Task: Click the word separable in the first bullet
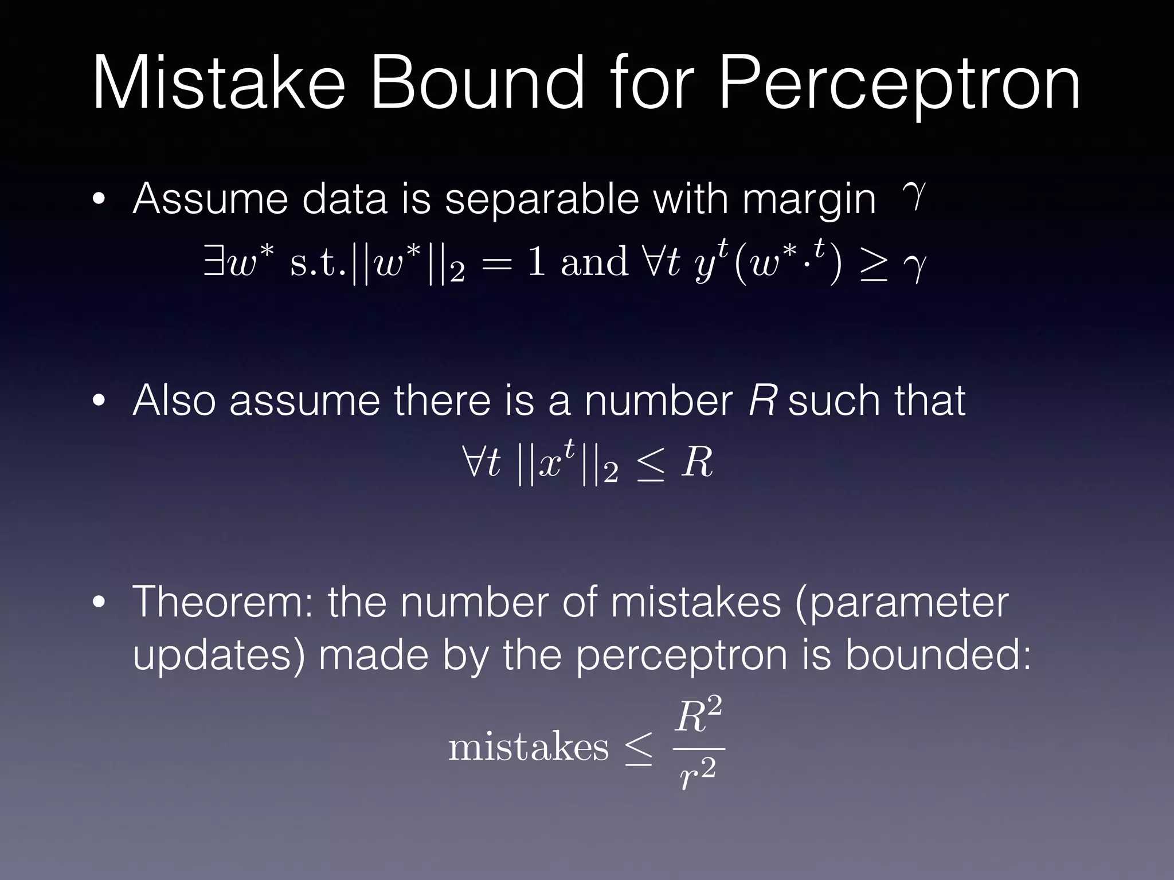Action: [542, 200]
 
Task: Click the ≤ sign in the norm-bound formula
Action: [650, 464]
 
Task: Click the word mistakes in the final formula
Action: [528, 748]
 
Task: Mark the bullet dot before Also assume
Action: [99, 402]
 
